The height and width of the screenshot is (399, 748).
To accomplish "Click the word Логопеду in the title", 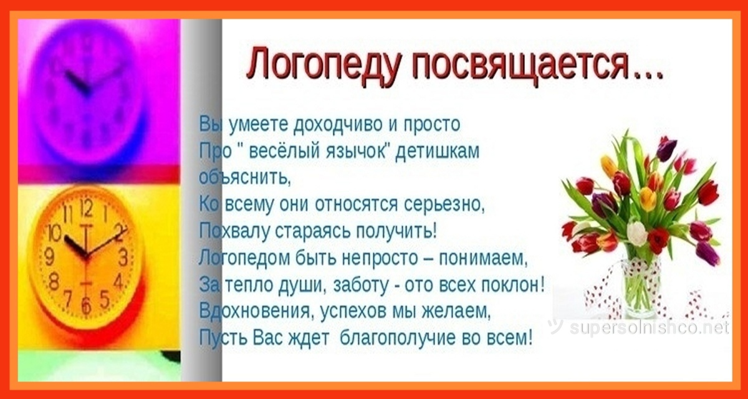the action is pos(323,65).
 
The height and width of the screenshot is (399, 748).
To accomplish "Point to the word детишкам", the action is pos(438,151).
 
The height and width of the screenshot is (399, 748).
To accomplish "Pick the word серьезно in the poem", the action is pos(444,204).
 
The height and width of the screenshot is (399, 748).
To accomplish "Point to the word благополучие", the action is pos(398,339).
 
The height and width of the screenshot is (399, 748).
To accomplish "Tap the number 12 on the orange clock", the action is pos(86,208).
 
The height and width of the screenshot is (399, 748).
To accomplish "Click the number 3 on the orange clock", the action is pos(123,257).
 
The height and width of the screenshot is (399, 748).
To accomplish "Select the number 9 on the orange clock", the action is pos(49,257).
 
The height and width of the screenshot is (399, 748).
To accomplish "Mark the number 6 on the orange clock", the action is pos(86,304).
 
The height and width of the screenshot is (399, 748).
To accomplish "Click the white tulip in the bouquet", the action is pos(636,233).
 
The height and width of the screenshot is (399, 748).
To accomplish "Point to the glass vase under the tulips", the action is pos(640,288).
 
